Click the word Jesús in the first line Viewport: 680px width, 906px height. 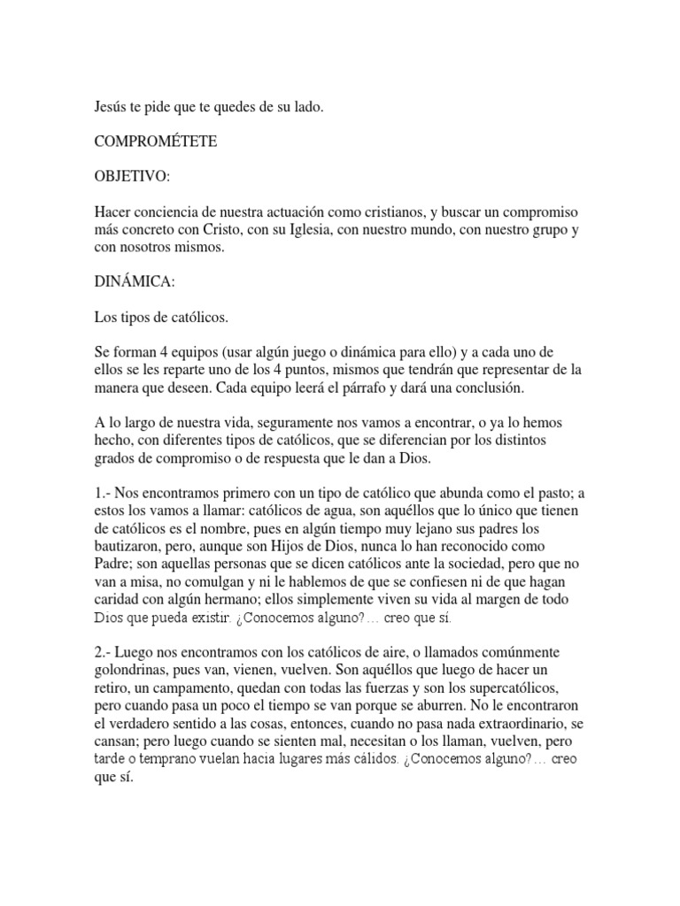tap(111, 107)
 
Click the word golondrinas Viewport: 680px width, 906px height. tap(133, 671)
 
